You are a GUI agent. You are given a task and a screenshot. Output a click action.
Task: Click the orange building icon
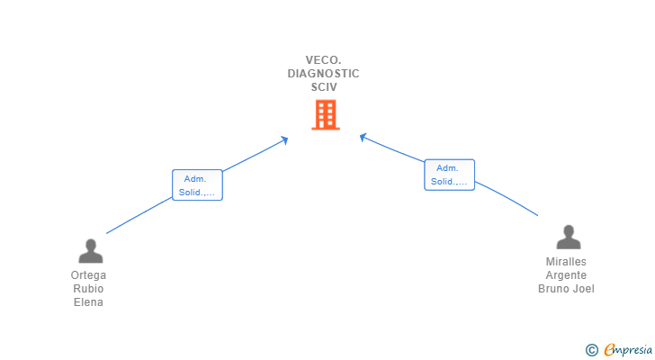(x=326, y=115)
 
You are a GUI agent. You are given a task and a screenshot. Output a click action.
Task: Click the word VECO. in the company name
(x=323, y=60)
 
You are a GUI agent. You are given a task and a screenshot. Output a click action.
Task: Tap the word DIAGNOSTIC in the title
(x=323, y=74)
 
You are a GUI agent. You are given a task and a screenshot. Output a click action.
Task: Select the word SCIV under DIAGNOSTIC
(x=324, y=87)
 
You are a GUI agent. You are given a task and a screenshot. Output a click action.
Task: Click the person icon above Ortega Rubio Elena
(x=91, y=251)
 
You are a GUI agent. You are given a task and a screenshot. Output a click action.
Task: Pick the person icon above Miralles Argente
(x=569, y=237)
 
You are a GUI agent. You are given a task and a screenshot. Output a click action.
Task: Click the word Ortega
(x=88, y=275)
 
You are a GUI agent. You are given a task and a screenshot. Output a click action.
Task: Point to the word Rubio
(x=88, y=289)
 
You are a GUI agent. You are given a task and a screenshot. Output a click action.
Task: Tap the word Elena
(x=88, y=301)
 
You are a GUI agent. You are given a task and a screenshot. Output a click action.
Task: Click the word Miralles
(x=566, y=261)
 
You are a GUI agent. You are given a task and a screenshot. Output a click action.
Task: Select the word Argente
(x=566, y=275)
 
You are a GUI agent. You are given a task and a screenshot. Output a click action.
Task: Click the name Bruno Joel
(x=566, y=289)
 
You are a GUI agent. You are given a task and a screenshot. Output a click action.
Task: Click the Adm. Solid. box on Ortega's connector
(x=197, y=185)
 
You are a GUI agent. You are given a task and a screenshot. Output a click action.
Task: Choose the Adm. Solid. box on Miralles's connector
(x=450, y=175)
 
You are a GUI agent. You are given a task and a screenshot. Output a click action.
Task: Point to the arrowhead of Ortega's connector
(x=285, y=139)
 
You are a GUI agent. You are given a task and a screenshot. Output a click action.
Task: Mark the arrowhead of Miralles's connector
(x=363, y=137)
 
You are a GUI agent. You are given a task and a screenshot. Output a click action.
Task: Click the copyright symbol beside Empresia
(x=592, y=350)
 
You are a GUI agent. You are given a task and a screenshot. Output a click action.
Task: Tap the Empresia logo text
(x=628, y=350)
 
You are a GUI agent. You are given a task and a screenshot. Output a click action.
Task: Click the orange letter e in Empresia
(x=610, y=349)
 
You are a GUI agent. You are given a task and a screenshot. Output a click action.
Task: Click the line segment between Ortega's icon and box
(x=139, y=215)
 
